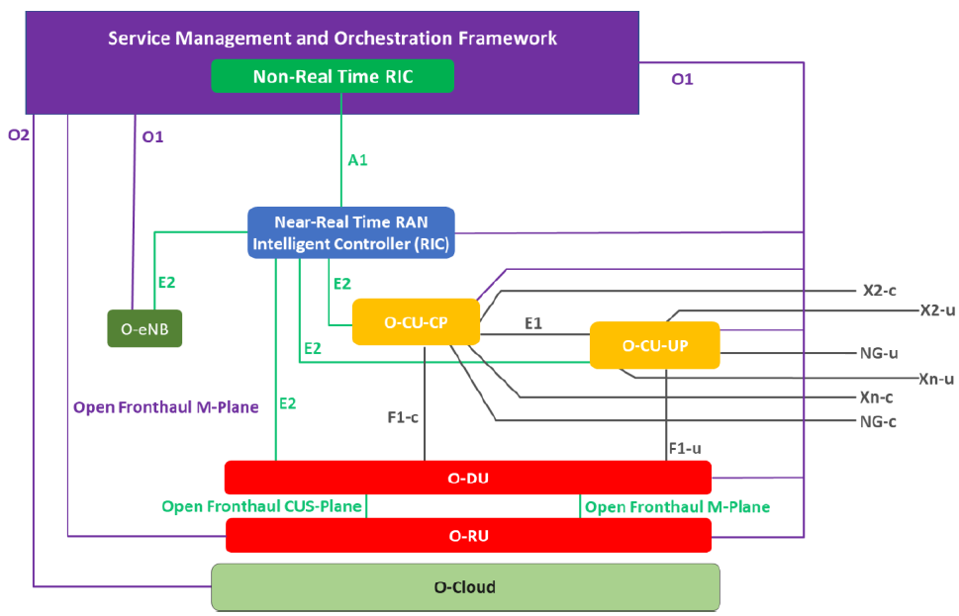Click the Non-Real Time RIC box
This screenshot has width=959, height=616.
pyautogui.click(x=333, y=76)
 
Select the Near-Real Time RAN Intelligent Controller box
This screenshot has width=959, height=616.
pyautogui.click(x=351, y=232)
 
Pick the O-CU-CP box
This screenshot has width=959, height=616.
pyautogui.click(x=416, y=322)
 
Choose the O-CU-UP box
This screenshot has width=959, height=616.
pyautogui.click(x=654, y=345)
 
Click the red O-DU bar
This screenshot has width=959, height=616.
pyautogui.click(x=468, y=478)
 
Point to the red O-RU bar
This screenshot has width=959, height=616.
pyautogui.click(x=468, y=536)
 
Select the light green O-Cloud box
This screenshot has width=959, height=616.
pyautogui.click(x=464, y=586)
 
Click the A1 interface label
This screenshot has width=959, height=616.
pyautogui.click(x=357, y=159)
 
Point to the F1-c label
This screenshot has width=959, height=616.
pyautogui.click(x=403, y=417)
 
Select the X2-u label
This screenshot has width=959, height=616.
pyautogui.click(x=936, y=310)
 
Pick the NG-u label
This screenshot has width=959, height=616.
pyautogui.click(x=879, y=352)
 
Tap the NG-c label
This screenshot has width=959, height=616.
pyautogui.click(x=878, y=422)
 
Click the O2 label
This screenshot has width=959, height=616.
pyautogui.click(x=19, y=134)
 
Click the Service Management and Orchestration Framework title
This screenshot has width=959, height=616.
pyautogui.click(x=333, y=39)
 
